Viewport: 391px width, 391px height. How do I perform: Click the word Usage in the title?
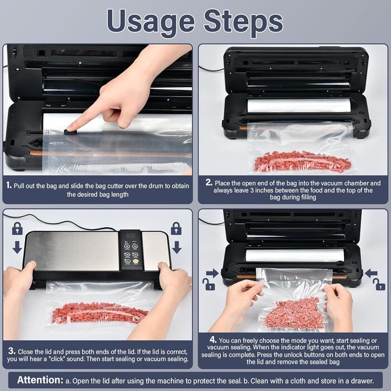151,22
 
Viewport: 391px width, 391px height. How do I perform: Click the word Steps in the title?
243,22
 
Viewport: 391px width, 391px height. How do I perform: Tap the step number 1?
9,185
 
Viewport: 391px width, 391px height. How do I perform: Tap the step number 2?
209,183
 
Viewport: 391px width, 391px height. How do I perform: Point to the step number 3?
12,351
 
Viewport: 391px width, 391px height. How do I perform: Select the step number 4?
213,340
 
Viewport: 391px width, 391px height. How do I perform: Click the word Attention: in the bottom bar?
40,380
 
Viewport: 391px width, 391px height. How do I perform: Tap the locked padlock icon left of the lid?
17,228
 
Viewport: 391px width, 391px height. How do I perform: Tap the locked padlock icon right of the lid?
177,228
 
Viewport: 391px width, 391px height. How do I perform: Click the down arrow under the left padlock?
17,247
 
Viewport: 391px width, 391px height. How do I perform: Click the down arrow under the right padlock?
177,247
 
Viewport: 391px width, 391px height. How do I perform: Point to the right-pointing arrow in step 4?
212,273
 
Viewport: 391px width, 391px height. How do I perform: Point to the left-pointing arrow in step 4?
371,273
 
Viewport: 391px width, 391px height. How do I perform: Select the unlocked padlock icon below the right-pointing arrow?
208,284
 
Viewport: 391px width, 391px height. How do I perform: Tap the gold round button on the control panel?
136,261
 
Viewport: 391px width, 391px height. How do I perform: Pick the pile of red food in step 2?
302,161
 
